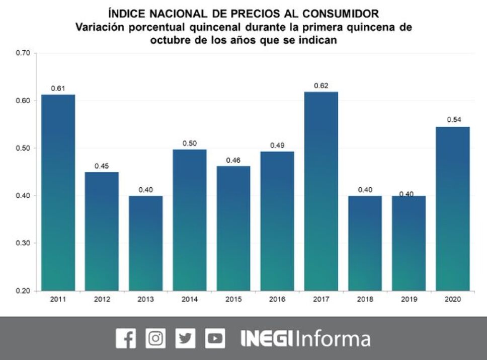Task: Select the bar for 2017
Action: pyautogui.click(x=321, y=191)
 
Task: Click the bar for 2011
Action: pyautogui.click(x=58, y=192)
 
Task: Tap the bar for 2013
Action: pyautogui.click(x=145, y=243)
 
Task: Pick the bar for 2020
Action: pyautogui.click(x=452, y=208)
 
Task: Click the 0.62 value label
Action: pyautogui.click(x=321, y=86)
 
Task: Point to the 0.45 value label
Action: pyautogui.click(x=102, y=166)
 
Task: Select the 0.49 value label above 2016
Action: pyautogui.click(x=277, y=145)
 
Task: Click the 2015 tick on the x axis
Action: pyautogui.click(x=233, y=299)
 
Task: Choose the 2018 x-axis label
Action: pyautogui.click(x=365, y=299)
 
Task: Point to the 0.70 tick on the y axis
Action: pyautogui.click(x=23, y=53)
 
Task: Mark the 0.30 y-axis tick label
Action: pyautogui.click(x=23, y=243)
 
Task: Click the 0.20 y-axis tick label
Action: pyautogui.click(x=23, y=291)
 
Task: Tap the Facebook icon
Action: pyautogui.click(x=126, y=338)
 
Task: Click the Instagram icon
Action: pyautogui.click(x=155, y=338)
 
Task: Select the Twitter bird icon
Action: pyautogui.click(x=185, y=338)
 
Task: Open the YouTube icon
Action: pyautogui.click(x=215, y=338)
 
